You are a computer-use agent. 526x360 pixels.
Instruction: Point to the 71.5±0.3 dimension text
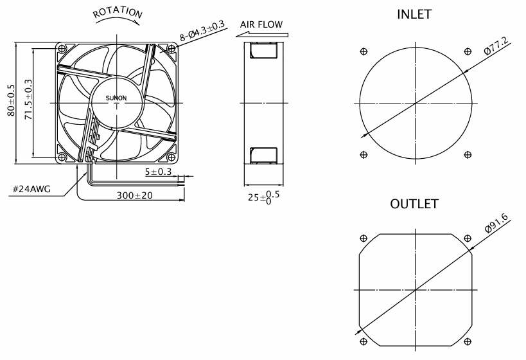point(28,102)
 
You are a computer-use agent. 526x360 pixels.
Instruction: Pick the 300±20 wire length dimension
point(134,195)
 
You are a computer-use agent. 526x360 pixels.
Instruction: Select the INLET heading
point(416,15)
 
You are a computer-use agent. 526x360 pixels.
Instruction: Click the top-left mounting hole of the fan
point(62,49)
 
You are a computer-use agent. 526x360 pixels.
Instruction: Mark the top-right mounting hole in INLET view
point(467,51)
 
